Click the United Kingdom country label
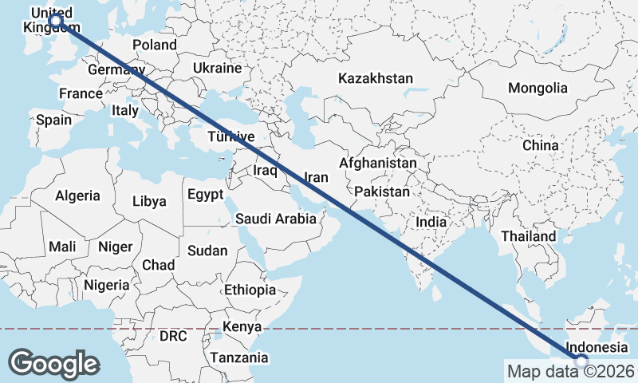(x=49, y=21)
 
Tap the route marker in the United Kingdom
(x=56, y=18)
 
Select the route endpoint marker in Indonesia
(x=581, y=361)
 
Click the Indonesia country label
(x=597, y=348)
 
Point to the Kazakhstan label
(x=376, y=78)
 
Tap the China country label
(x=541, y=145)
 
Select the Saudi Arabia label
(x=276, y=218)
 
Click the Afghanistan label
(x=377, y=163)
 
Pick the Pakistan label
(x=382, y=191)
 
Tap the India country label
(x=431, y=222)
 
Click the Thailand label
(x=529, y=237)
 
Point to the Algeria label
(x=77, y=195)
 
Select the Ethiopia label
(x=250, y=290)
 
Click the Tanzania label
(x=239, y=357)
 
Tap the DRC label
(x=173, y=336)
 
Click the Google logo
(x=53, y=363)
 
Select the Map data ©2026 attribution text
(x=570, y=371)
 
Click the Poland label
(x=155, y=45)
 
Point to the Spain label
(x=53, y=120)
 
